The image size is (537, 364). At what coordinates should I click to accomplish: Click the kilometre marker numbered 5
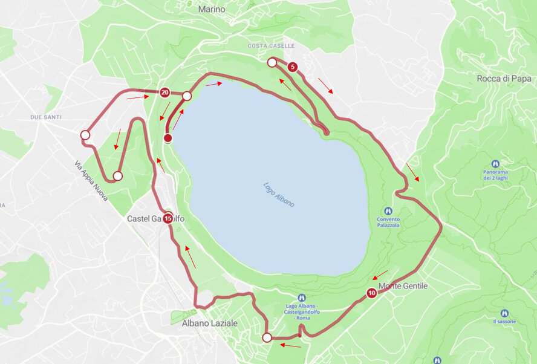(293, 67)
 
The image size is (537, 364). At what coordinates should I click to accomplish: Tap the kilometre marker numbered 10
(371, 293)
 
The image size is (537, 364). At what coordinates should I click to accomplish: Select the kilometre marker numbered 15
(168, 218)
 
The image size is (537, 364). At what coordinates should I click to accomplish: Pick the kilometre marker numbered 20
(164, 93)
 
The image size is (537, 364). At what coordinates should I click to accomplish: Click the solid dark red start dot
(168, 138)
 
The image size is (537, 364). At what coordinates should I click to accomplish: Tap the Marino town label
(211, 10)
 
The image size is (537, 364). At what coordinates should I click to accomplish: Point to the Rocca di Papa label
(504, 78)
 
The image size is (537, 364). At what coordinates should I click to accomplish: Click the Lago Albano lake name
(279, 195)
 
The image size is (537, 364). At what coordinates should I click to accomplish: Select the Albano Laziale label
(210, 323)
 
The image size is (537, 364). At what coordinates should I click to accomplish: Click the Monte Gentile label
(403, 285)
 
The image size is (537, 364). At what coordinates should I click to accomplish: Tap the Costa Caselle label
(271, 46)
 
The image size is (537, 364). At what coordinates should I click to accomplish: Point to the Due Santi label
(47, 117)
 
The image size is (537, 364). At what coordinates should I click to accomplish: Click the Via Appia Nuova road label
(91, 181)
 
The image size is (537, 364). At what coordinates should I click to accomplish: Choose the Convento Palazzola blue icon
(388, 210)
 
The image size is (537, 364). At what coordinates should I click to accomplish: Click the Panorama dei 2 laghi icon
(495, 164)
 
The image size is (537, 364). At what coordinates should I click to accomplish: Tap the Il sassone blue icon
(504, 313)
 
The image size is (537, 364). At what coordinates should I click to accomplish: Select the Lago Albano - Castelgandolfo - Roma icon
(302, 297)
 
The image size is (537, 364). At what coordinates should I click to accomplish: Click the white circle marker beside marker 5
(272, 62)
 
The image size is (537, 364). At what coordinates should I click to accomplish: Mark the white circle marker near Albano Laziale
(267, 337)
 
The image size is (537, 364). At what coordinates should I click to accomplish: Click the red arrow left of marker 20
(137, 97)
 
